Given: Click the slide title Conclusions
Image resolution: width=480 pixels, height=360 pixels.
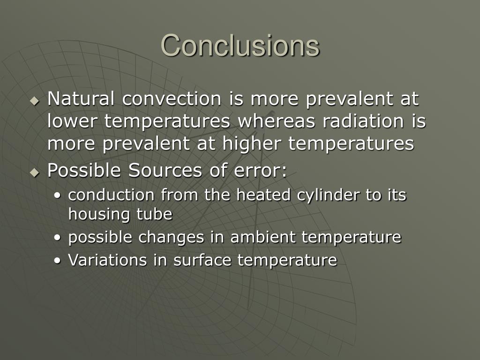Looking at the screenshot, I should pyautogui.click(x=240, y=45).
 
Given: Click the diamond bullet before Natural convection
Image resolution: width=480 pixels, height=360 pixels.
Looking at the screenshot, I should pyautogui.click(x=35, y=101).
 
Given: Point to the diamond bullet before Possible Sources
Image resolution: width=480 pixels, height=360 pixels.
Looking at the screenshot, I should pyautogui.click(x=35, y=172).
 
